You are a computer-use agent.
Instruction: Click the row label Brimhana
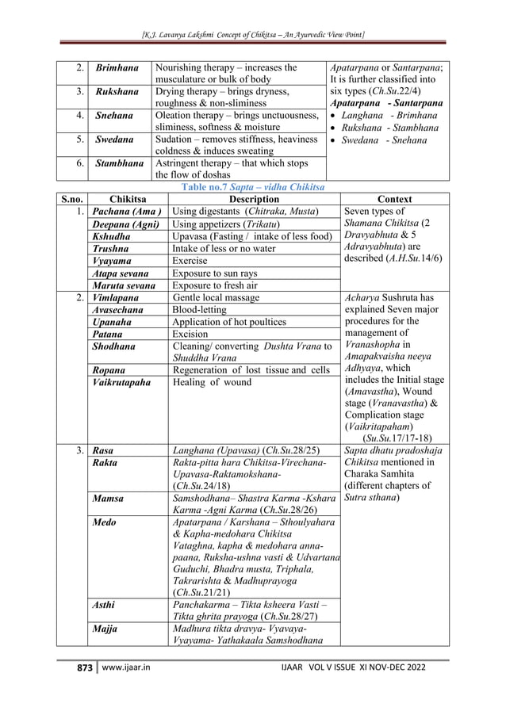pos(117,68)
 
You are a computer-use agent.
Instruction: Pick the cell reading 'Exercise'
pos(191,260)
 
